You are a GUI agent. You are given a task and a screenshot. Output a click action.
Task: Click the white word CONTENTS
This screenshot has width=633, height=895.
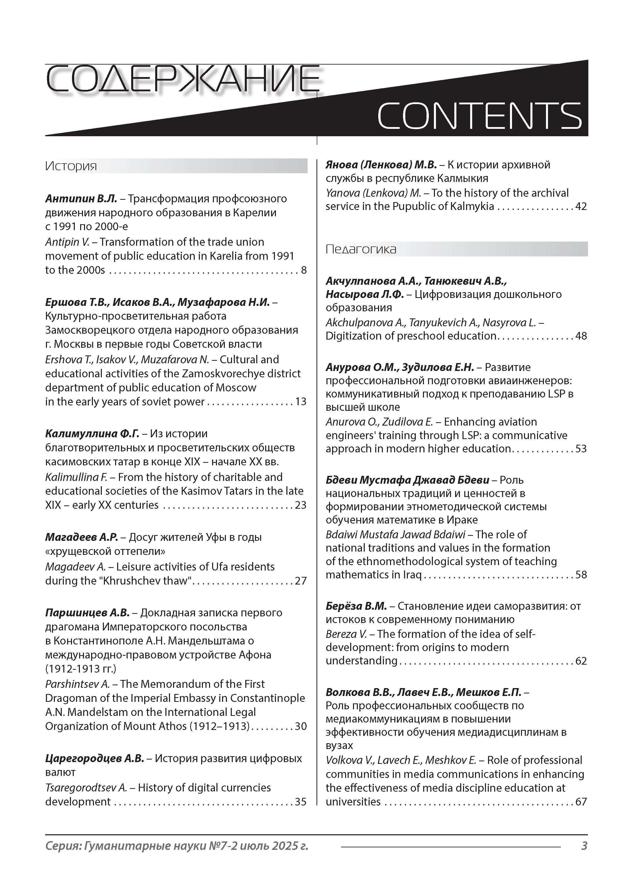click(x=479, y=116)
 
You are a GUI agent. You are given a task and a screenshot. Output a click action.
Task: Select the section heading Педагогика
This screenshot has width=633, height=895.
click(x=361, y=249)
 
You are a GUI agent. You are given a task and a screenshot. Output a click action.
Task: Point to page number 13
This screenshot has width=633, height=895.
click(x=301, y=402)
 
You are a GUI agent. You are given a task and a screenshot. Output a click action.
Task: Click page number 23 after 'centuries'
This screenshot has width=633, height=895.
click(x=301, y=505)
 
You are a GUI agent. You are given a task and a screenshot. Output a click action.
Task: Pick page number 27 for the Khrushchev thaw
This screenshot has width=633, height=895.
click(x=301, y=581)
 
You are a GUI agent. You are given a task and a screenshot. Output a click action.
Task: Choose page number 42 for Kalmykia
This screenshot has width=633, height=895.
click(x=581, y=207)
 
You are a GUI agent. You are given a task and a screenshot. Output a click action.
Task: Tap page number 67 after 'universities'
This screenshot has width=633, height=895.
click(x=581, y=802)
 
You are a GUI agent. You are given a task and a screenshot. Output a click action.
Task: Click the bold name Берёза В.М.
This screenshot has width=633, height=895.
click(x=356, y=606)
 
